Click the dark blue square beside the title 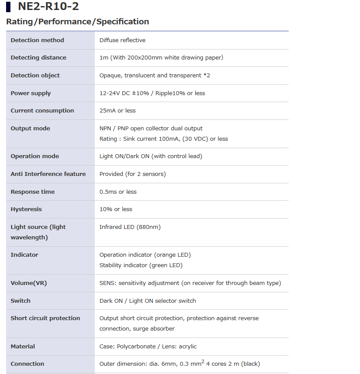[9, 7]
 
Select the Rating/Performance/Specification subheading [77, 22]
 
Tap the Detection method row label [37, 40]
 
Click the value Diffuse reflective [122, 40]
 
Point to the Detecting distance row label [38, 58]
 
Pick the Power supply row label [30, 93]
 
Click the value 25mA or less [117, 111]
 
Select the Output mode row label [30, 129]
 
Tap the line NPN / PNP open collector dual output [151, 129]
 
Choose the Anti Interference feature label [48, 174]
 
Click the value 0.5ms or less [118, 192]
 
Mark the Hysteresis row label [26, 209]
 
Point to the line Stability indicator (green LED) [141, 265]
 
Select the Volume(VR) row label [29, 283]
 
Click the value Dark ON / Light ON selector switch [147, 301]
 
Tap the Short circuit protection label [45, 318]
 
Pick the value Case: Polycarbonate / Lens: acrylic [148, 347]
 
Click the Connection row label [27, 364]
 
